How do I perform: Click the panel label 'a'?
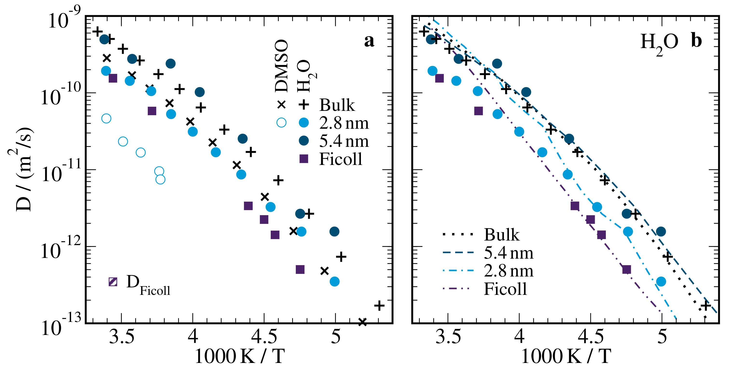click(x=369, y=41)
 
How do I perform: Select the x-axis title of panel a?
click(x=240, y=356)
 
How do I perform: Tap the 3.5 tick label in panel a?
click(x=122, y=337)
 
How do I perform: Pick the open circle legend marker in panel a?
click(x=281, y=123)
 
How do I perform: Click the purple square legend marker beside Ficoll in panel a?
click(x=304, y=159)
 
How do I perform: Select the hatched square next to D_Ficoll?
click(x=113, y=282)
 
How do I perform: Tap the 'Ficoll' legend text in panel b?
click(x=505, y=289)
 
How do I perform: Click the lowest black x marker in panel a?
click(x=362, y=322)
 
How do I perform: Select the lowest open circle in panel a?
click(x=160, y=179)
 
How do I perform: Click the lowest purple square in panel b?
click(x=627, y=269)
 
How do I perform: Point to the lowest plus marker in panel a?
click(x=379, y=306)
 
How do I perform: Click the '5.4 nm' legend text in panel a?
click(x=344, y=141)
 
